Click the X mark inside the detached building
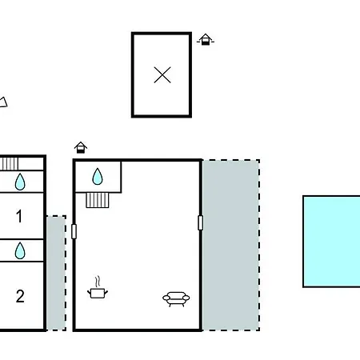[162, 75]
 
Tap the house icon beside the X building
[206, 39]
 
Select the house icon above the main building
[81, 147]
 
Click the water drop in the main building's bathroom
[98, 177]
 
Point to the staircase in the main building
[98, 200]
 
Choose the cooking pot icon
[98, 293]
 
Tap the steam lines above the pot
[98, 282]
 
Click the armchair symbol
[176, 299]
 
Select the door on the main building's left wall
[74, 231]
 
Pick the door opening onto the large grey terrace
[201, 222]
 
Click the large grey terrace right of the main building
[231, 246]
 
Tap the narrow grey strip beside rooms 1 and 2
[56, 274]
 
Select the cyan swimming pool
[331, 242]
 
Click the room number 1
[19, 216]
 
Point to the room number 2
[20, 296]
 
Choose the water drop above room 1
[20, 182]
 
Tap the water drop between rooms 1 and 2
[20, 250]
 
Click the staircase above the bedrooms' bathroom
[9, 164]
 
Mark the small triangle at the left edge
[3, 102]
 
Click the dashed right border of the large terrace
[259, 246]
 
